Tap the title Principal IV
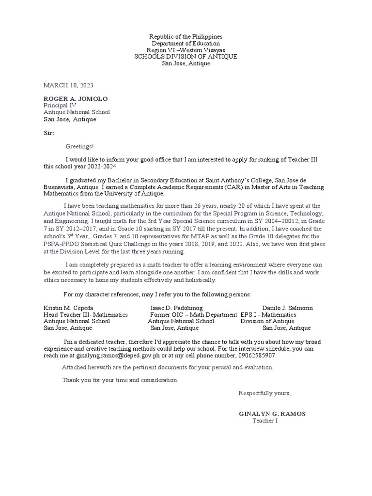(x=60, y=105)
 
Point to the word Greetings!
(x=80, y=146)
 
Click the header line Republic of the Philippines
(x=186, y=37)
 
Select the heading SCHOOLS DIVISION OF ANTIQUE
(x=186, y=57)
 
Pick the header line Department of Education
(x=186, y=44)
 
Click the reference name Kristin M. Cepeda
(x=68, y=308)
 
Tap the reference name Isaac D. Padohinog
(x=177, y=308)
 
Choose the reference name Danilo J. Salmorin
(x=287, y=308)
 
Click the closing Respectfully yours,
(x=264, y=393)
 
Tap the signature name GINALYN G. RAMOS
(x=272, y=414)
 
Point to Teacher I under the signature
(x=265, y=420)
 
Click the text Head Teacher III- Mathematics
(x=86, y=314)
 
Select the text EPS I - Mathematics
(x=268, y=314)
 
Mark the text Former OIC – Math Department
(x=194, y=314)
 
